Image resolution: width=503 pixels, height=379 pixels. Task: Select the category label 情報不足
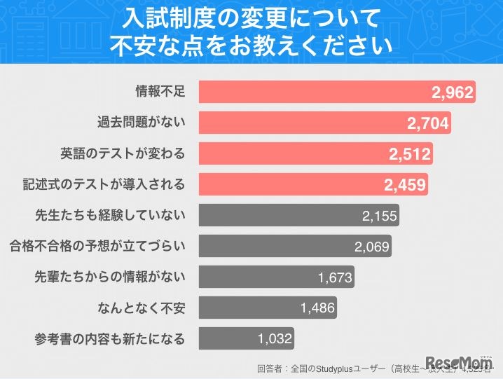pos(160,92)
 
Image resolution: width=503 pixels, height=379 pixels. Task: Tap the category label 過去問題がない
pos(142,123)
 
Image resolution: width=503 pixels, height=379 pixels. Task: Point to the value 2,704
pos(426,123)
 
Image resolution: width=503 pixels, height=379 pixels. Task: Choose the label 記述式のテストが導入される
pos(104,184)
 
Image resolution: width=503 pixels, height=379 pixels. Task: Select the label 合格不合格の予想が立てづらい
pos(97,245)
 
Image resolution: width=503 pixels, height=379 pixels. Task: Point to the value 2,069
pos(371,246)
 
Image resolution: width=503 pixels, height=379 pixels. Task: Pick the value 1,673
pos(334,277)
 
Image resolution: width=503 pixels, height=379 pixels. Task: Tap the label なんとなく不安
pos(143,307)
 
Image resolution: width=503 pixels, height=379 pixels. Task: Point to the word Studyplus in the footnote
pos(323,367)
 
